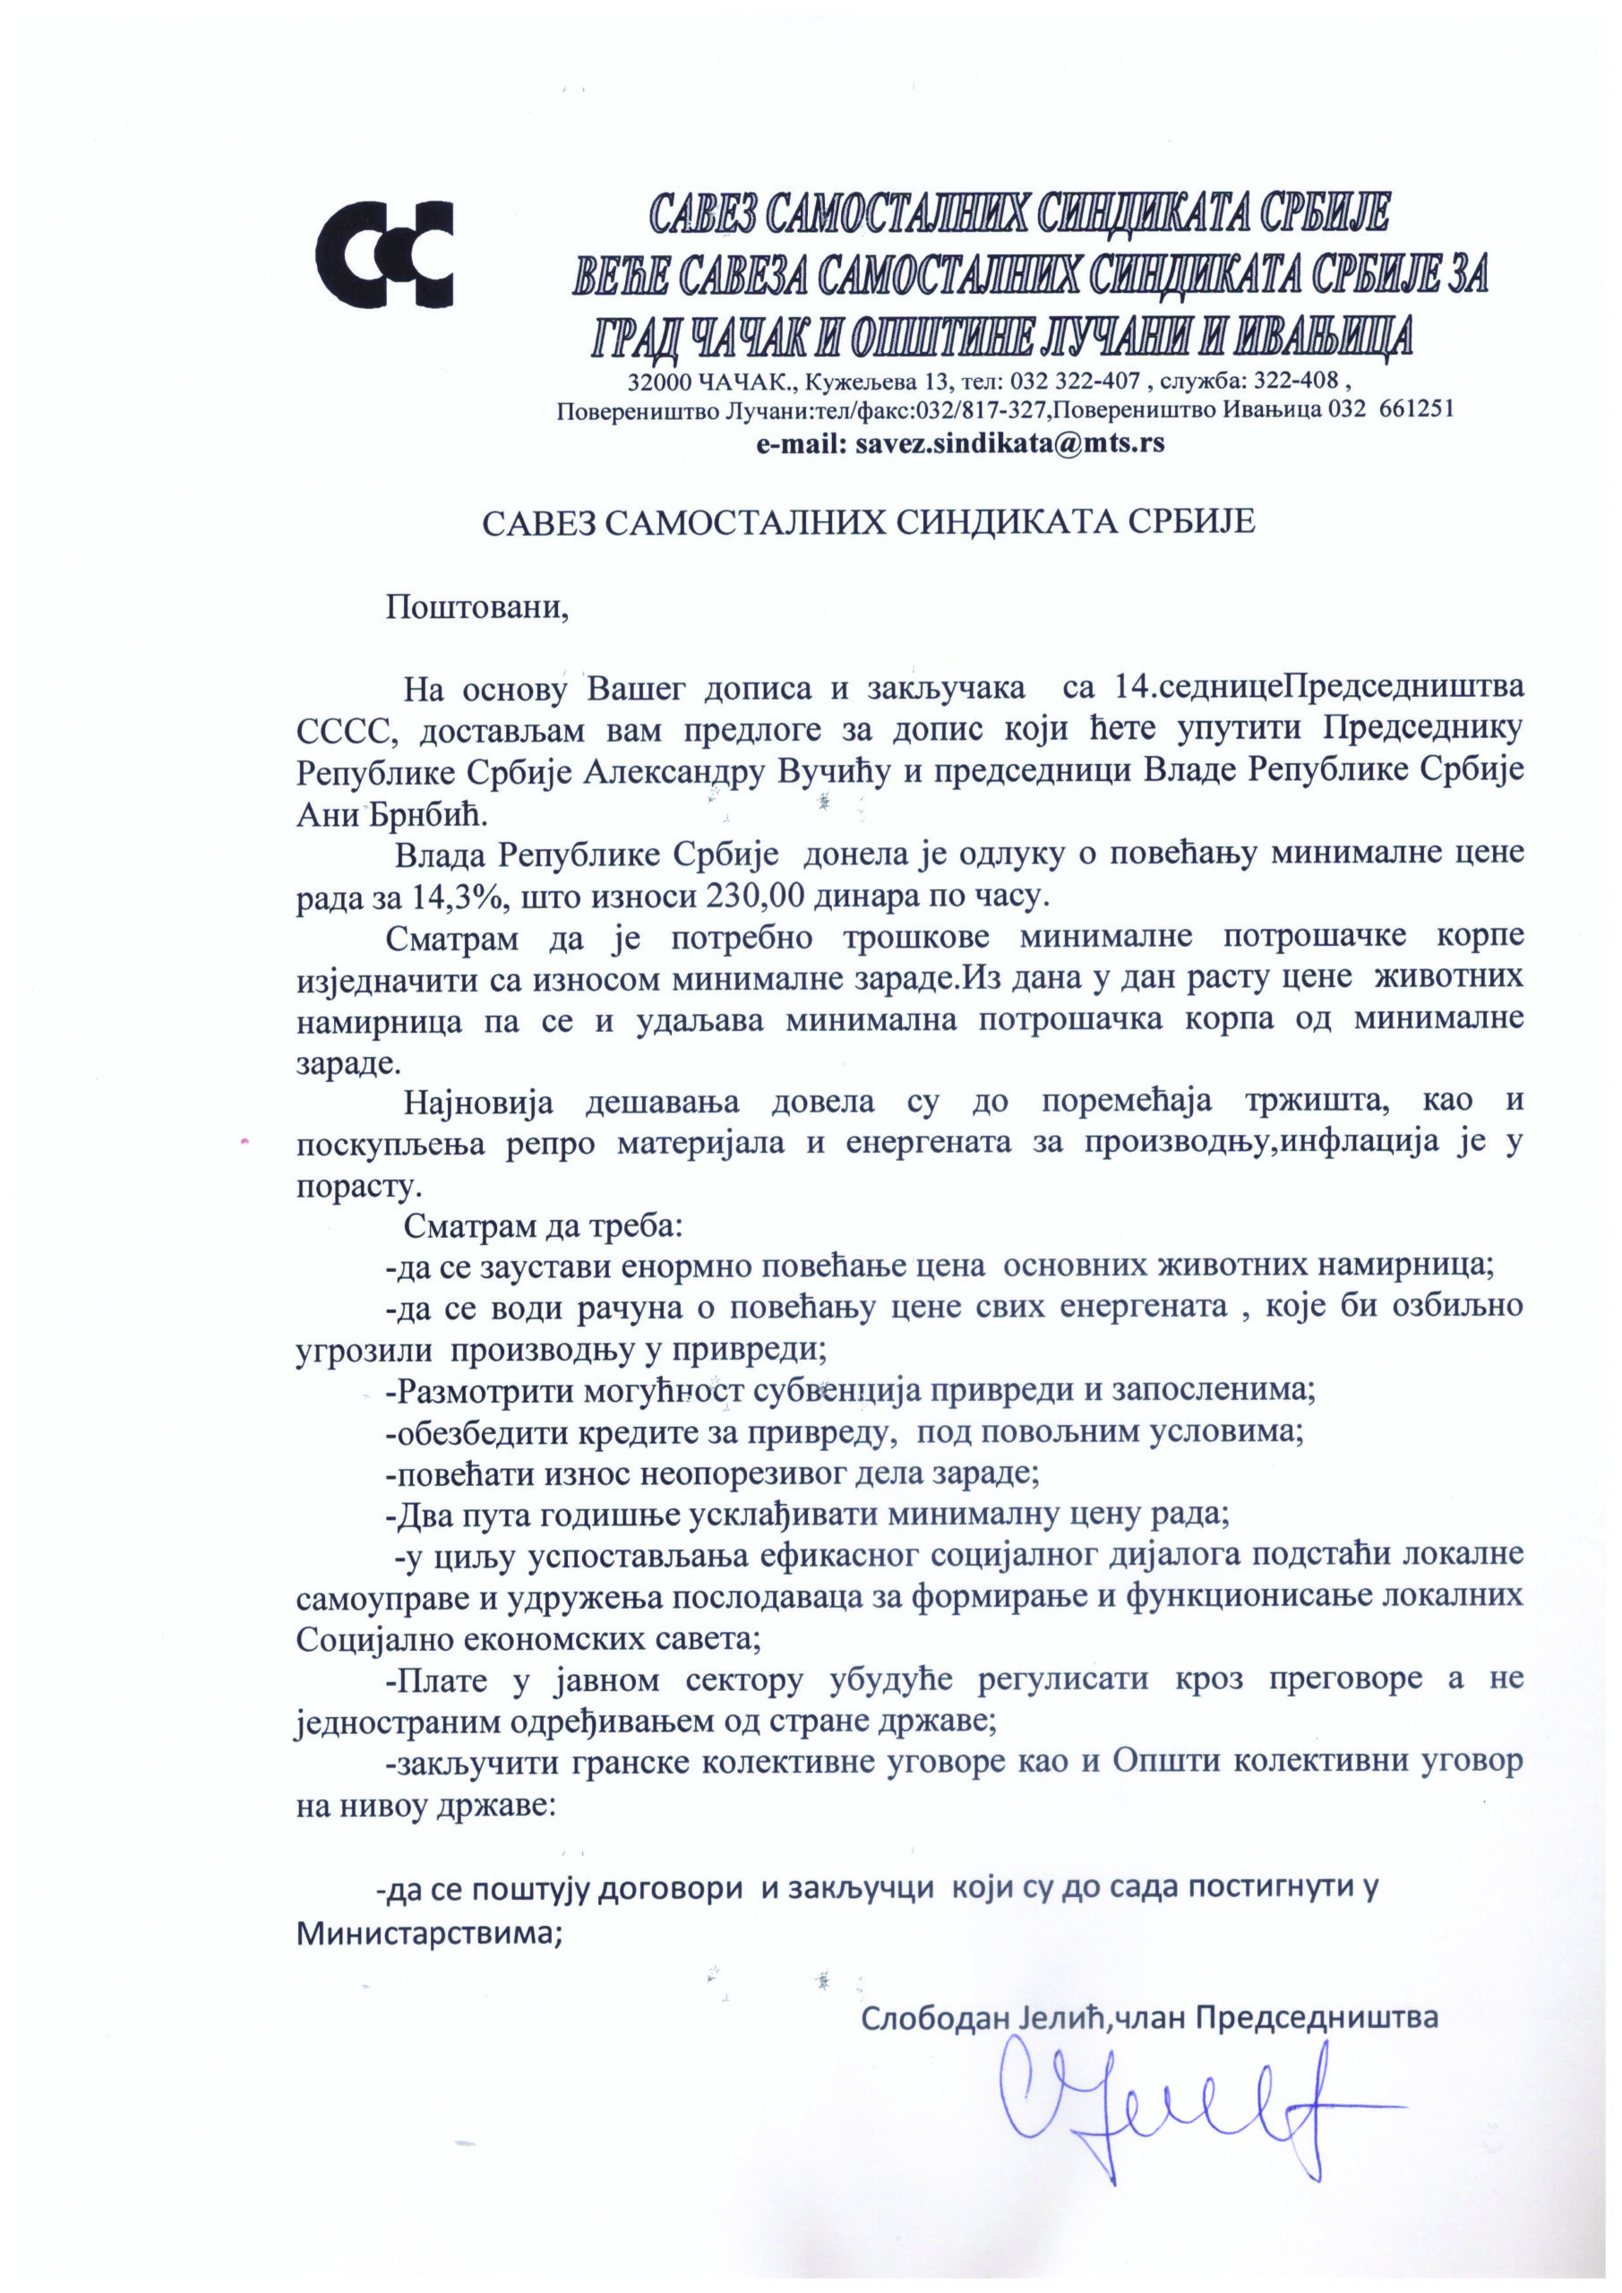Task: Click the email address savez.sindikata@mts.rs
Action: coord(1008,443)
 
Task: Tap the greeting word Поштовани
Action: coord(476,607)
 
